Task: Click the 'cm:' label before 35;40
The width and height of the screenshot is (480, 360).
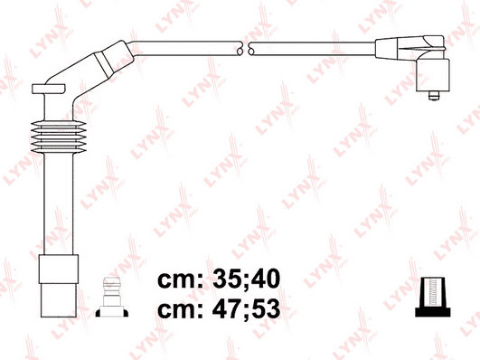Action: coord(180,280)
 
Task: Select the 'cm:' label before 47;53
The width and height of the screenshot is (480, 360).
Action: coord(180,310)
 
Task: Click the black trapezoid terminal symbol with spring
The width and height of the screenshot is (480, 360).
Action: coord(433,297)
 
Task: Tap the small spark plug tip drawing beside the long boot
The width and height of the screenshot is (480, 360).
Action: coord(112,297)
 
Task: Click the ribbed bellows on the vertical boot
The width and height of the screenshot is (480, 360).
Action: coord(58,137)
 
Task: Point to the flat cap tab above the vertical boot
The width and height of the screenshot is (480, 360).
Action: coord(49,89)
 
